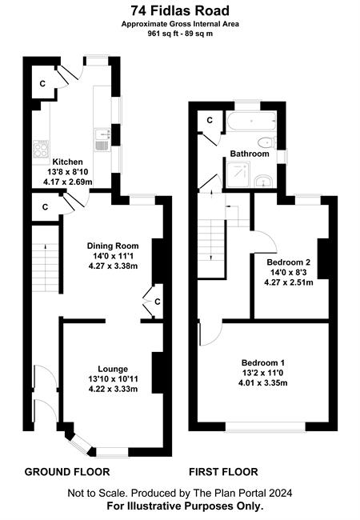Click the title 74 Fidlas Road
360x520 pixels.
click(x=180, y=11)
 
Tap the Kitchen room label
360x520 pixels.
click(x=68, y=162)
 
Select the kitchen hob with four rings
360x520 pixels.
click(x=41, y=148)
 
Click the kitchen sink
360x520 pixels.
click(x=102, y=140)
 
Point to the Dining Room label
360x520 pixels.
click(x=113, y=246)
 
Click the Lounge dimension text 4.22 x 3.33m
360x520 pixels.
click(x=113, y=389)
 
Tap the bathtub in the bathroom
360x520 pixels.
click(x=252, y=122)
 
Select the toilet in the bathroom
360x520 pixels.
click(x=267, y=143)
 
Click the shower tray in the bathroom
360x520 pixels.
click(x=239, y=174)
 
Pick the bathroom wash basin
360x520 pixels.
click(x=264, y=181)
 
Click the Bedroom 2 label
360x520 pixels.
click(x=288, y=262)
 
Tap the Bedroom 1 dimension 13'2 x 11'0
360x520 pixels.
click(x=262, y=373)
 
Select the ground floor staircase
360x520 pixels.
click(x=45, y=267)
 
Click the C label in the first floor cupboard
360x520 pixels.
click(x=210, y=120)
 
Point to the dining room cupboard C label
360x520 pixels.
click(x=158, y=302)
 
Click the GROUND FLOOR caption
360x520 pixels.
click(x=67, y=471)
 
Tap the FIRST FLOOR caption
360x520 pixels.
click(x=223, y=471)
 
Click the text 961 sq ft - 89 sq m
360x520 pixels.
click(x=180, y=33)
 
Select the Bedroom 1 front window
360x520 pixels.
click(x=265, y=427)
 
